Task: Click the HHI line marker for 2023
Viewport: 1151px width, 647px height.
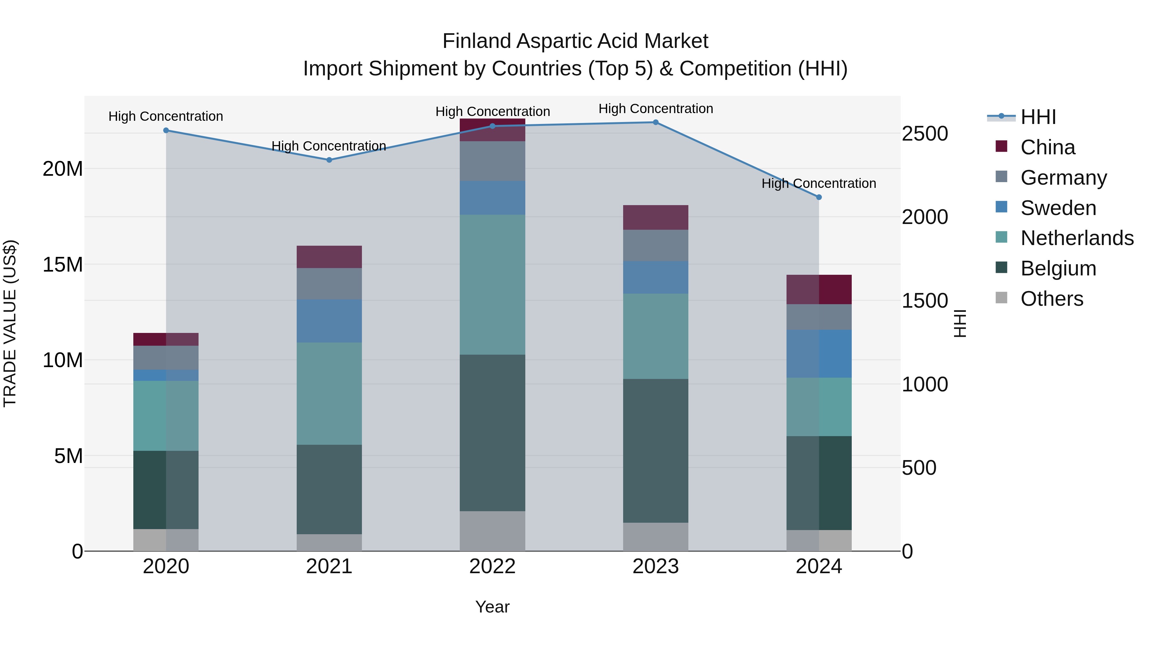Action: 655,122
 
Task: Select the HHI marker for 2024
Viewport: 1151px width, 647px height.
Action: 818,197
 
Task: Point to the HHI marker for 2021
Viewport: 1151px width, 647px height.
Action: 329,160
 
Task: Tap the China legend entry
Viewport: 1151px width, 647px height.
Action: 1047,147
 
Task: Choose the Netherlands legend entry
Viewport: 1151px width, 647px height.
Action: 1077,238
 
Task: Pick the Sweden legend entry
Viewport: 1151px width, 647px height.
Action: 1058,208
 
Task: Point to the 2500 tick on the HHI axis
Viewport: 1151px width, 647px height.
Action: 924,134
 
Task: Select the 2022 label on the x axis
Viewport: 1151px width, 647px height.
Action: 492,566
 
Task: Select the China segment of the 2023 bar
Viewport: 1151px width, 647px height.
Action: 655,218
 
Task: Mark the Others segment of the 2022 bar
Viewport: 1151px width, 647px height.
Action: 492,531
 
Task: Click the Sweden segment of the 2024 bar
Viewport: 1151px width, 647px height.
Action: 818,354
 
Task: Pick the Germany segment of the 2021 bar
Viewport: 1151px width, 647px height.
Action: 329,283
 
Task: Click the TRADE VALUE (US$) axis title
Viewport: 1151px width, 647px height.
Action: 10,323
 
